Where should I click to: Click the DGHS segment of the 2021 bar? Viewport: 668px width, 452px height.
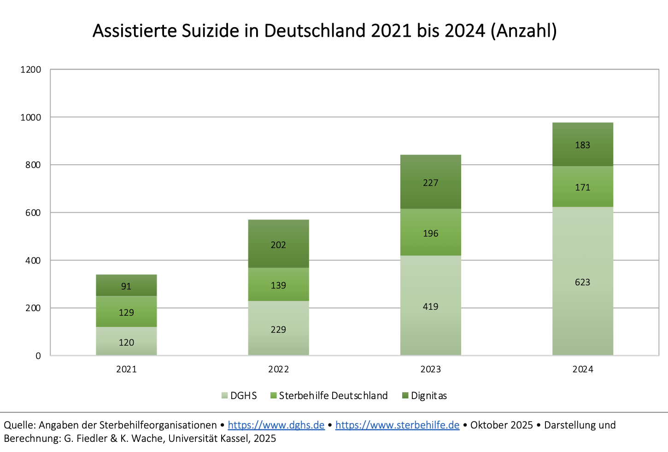pos(126,341)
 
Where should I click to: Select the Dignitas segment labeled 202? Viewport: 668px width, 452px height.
pos(278,244)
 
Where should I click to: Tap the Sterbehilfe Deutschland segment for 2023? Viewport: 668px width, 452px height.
pos(430,232)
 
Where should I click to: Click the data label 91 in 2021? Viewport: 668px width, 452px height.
pos(126,286)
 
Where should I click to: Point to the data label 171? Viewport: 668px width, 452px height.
pos(582,187)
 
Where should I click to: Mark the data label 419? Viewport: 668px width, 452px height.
pos(430,307)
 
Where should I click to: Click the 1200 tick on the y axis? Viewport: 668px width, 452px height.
pos(31,70)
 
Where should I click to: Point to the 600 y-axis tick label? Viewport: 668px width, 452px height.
pos(33,213)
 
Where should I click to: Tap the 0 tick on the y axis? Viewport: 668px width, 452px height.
pos(38,356)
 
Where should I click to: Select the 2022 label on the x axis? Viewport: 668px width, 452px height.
pos(278,369)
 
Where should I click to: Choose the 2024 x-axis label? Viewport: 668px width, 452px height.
pos(582,369)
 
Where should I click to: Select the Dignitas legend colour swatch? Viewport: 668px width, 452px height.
pos(405,396)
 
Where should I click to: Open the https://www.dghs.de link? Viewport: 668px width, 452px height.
pos(276,425)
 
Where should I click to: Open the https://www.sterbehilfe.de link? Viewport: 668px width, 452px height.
pos(397,425)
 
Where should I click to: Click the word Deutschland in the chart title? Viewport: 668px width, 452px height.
pos(315,31)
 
